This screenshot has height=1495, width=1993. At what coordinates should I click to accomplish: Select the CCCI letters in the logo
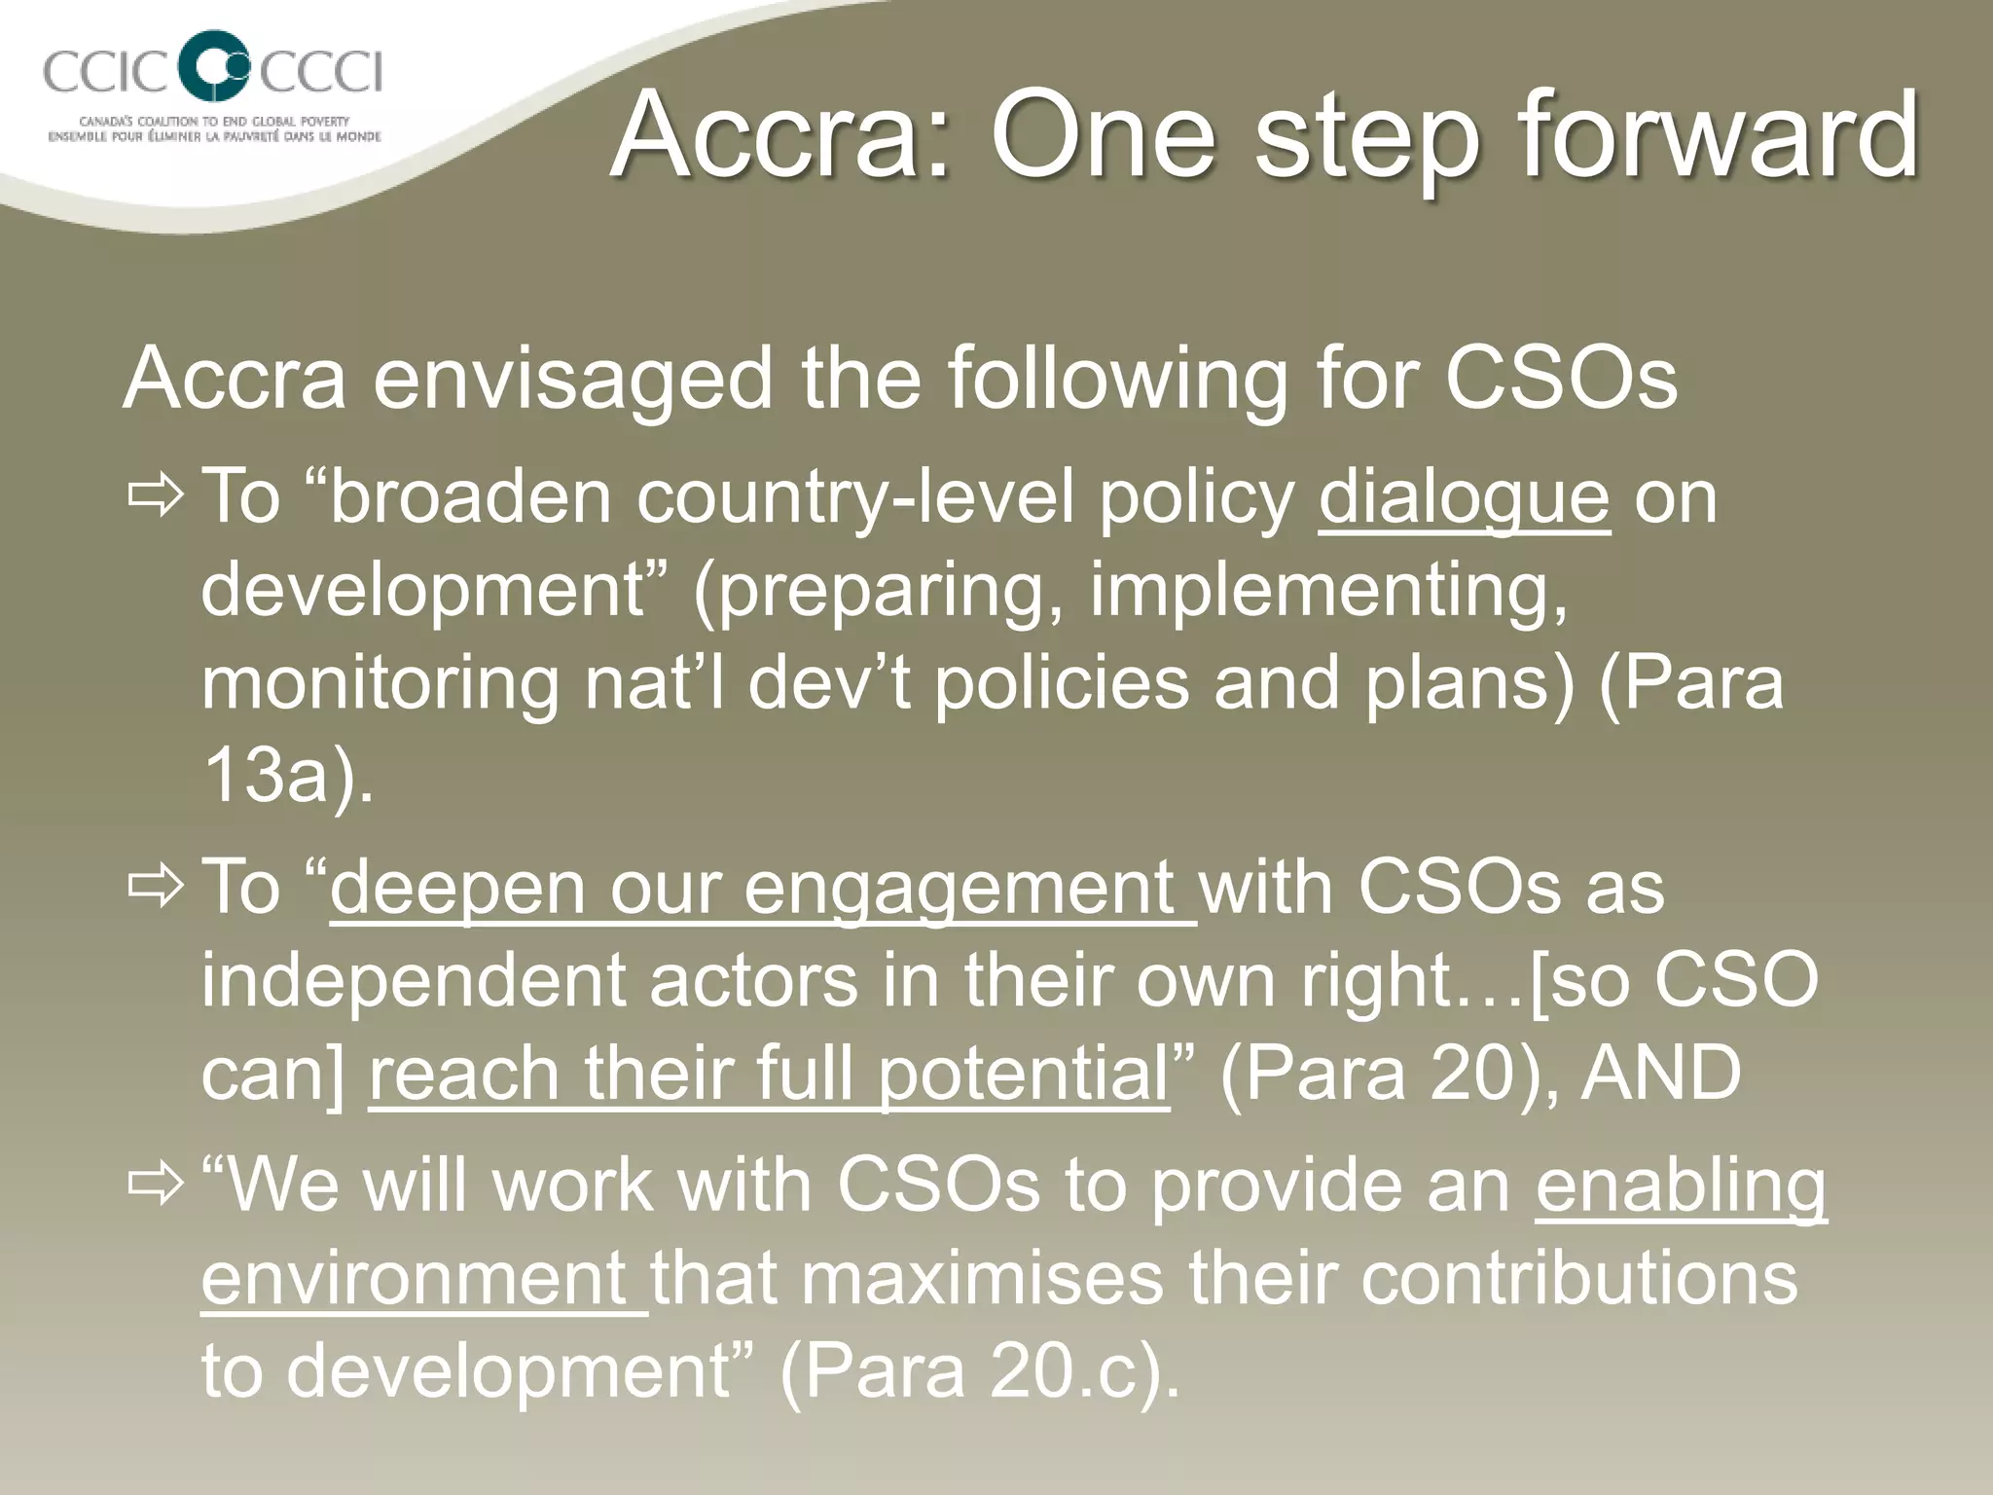tap(321, 72)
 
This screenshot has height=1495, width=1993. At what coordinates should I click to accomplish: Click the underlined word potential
tap(1022, 1075)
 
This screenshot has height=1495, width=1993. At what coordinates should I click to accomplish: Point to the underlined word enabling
tap(1681, 1185)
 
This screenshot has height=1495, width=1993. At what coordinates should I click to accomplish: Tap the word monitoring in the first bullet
tap(379, 683)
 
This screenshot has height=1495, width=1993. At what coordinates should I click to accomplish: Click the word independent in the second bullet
tap(413, 981)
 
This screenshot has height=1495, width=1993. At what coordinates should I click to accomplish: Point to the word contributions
tap(1577, 1278)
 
